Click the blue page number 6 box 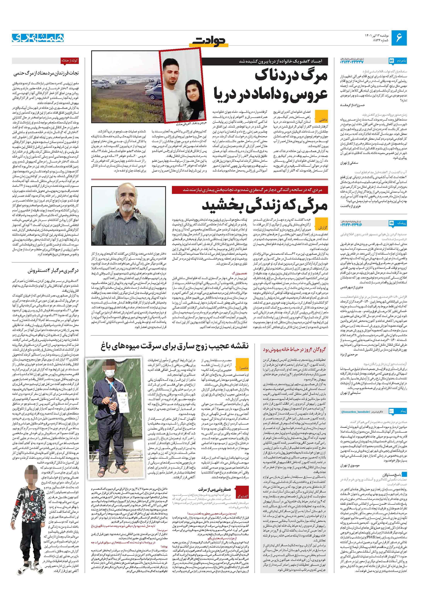tap(399, 38)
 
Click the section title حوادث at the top tap(209, 41)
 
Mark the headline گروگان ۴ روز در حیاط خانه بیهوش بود tap(294, 350)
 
